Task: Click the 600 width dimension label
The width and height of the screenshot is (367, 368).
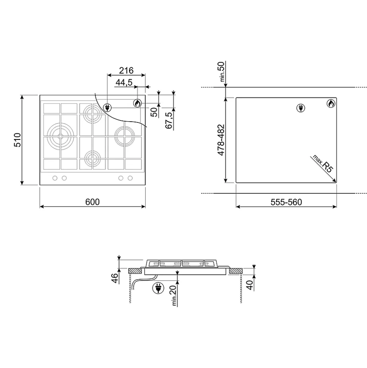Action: pyautogui.click(x=92, y=202)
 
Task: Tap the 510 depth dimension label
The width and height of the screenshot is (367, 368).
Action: pyautogui.click(x=17, y=140)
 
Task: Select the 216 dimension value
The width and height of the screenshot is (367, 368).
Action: pyautogui.click(x=126, y=70)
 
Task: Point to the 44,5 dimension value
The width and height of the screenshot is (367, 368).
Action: pyautogui.click(x=124, y=82)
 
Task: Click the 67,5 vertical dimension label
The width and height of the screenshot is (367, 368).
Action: pyautogui.click(x=169, y=120)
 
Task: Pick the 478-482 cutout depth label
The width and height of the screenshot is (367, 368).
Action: pyautogui.click(x=221, y=140)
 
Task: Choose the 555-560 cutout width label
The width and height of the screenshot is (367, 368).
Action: pyautogui.click(x=286, y=202)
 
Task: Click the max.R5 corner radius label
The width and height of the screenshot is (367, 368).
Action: pyautogui.click(x=323, y=164)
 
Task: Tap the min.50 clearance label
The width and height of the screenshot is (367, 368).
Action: pyautogui.click(x=221, y=72)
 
